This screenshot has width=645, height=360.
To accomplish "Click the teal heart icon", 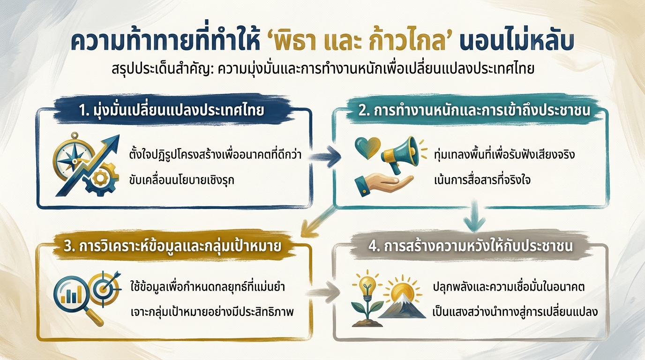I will [x=367, y=147].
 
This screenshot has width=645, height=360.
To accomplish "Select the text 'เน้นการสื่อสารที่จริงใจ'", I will [x=483, y=180].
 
